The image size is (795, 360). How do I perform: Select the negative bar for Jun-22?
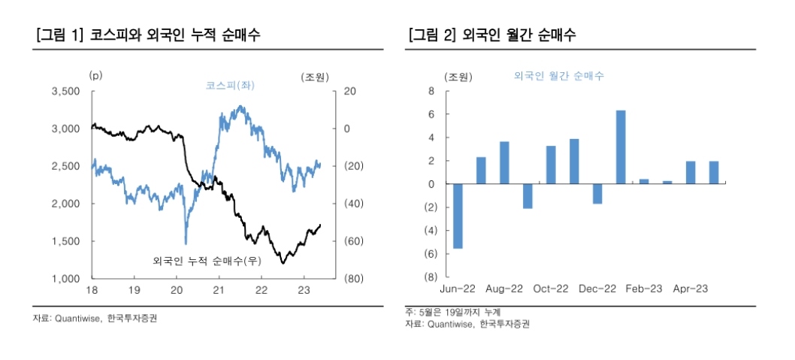(458, 216)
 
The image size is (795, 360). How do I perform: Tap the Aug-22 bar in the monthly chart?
(504, 162)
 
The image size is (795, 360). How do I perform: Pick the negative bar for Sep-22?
(527, 196)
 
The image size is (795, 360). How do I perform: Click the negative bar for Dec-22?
(597, 194)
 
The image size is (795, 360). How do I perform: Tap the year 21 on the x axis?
(219, 290)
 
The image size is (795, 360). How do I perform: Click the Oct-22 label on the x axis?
(552, 289)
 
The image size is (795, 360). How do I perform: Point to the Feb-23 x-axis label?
(644, 289)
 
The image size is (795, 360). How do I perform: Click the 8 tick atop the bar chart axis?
(431, 92)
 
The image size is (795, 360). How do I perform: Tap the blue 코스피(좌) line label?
(230, 85)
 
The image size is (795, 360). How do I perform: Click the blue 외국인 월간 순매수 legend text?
(559, 76)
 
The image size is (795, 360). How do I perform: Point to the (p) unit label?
(95, 75)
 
